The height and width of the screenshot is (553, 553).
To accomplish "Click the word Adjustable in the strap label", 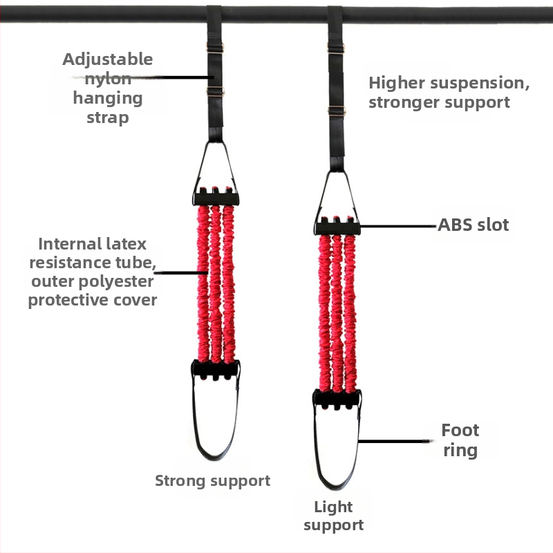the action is (108, 60).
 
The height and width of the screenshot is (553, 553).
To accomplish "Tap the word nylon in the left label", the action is (108, 79).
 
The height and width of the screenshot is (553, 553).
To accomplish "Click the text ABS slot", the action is (474, 225).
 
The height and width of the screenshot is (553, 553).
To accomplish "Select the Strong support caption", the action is (213, 481).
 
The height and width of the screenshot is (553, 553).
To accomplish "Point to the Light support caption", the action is (334, 516).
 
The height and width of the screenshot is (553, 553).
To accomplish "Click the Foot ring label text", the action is (460, 440).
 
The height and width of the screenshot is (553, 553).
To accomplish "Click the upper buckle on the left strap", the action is (215, 48).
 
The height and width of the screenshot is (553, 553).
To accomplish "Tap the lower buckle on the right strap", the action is (337, 111).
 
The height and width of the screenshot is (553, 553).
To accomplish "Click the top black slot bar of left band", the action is (216, 197).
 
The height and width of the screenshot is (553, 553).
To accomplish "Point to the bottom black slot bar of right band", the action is (337, 399).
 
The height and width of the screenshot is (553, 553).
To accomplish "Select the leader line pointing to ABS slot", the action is (398, 227).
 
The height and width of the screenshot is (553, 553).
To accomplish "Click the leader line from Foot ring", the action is (394, 441).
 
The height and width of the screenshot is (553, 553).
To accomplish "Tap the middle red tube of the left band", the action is (215, 284).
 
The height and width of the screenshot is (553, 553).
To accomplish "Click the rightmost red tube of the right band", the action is (350, 314).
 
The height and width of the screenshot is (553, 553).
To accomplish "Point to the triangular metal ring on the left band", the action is (199, 166).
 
